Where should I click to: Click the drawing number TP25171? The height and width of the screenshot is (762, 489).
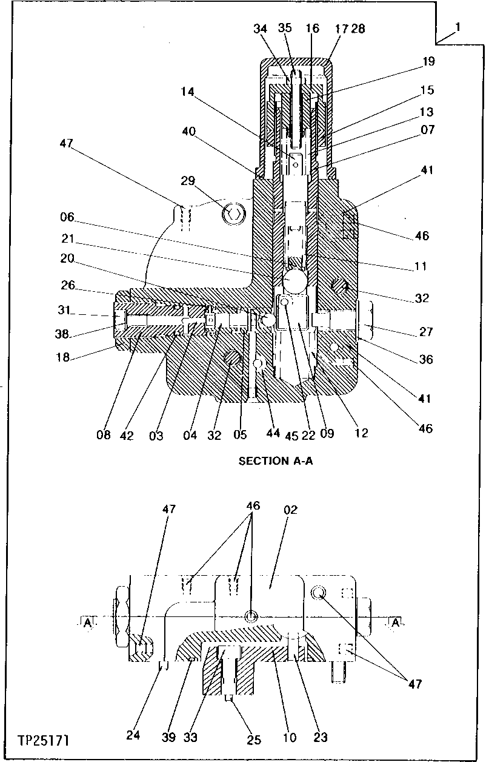point(43,741)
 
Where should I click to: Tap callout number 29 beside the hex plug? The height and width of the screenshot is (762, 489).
point(188,180)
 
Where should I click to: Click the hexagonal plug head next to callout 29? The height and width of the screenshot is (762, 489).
point(231,212)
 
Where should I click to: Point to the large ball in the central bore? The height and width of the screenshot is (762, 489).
point(293,282)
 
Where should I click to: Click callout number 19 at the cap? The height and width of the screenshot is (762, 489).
point(429,61)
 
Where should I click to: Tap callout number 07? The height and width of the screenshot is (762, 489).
point(428,129)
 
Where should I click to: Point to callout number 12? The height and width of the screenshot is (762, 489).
point(362,433)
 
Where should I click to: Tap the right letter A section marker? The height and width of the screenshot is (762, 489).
point(395,622)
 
